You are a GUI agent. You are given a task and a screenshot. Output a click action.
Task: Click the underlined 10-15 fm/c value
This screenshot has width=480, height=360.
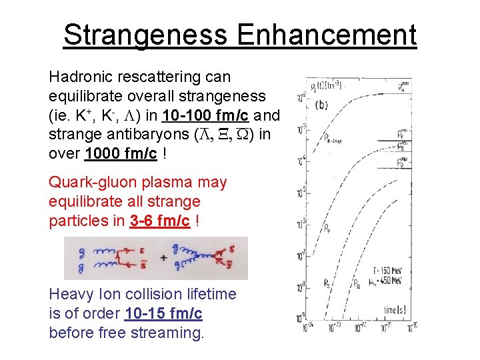tap(163, 313)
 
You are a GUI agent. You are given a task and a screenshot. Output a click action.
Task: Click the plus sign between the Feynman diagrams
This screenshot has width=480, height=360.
tap(163, 257)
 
